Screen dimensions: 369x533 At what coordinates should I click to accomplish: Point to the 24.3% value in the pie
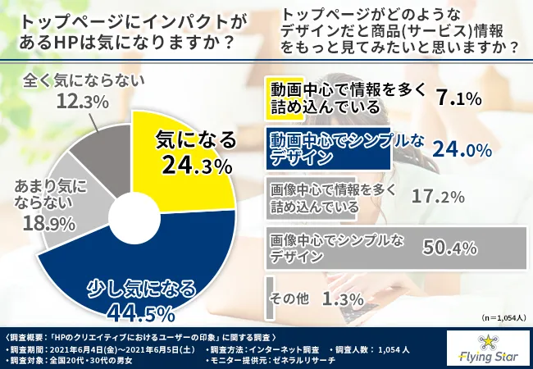coord(197,167)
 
